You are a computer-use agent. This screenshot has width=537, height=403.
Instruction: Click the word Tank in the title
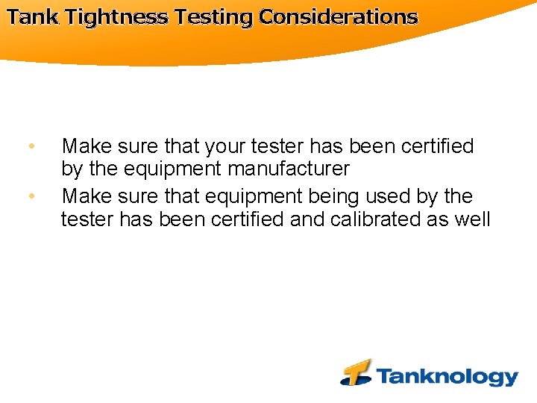33,17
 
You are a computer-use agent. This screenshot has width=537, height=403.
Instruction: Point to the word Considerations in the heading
338,17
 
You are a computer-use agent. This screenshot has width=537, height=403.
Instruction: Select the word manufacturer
289,169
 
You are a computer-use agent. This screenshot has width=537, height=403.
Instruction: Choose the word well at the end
471,219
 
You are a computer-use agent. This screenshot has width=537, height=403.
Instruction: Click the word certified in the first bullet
437,146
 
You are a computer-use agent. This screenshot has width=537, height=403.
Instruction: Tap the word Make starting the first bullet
84,146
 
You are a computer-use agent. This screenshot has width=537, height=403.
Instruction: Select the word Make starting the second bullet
84,196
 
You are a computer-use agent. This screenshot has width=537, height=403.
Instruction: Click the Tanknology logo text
447,376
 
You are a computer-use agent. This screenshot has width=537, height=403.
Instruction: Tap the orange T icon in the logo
357,372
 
